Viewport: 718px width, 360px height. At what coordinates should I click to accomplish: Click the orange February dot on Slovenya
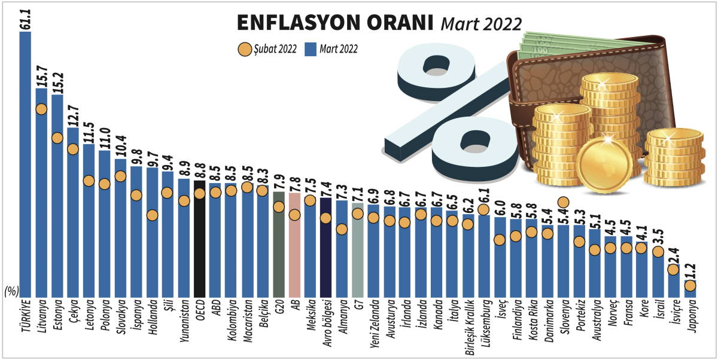[x=563, y=203]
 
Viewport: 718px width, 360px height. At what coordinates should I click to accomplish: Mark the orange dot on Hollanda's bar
[x=152, y=215]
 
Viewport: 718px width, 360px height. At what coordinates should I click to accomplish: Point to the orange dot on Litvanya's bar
[x=41, y=109]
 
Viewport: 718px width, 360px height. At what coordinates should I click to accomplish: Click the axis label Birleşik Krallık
[x=468, y=328]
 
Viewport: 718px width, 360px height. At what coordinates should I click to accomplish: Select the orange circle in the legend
[x=244, y=49]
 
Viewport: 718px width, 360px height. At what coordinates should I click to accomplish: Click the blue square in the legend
[x=310, y=49]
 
